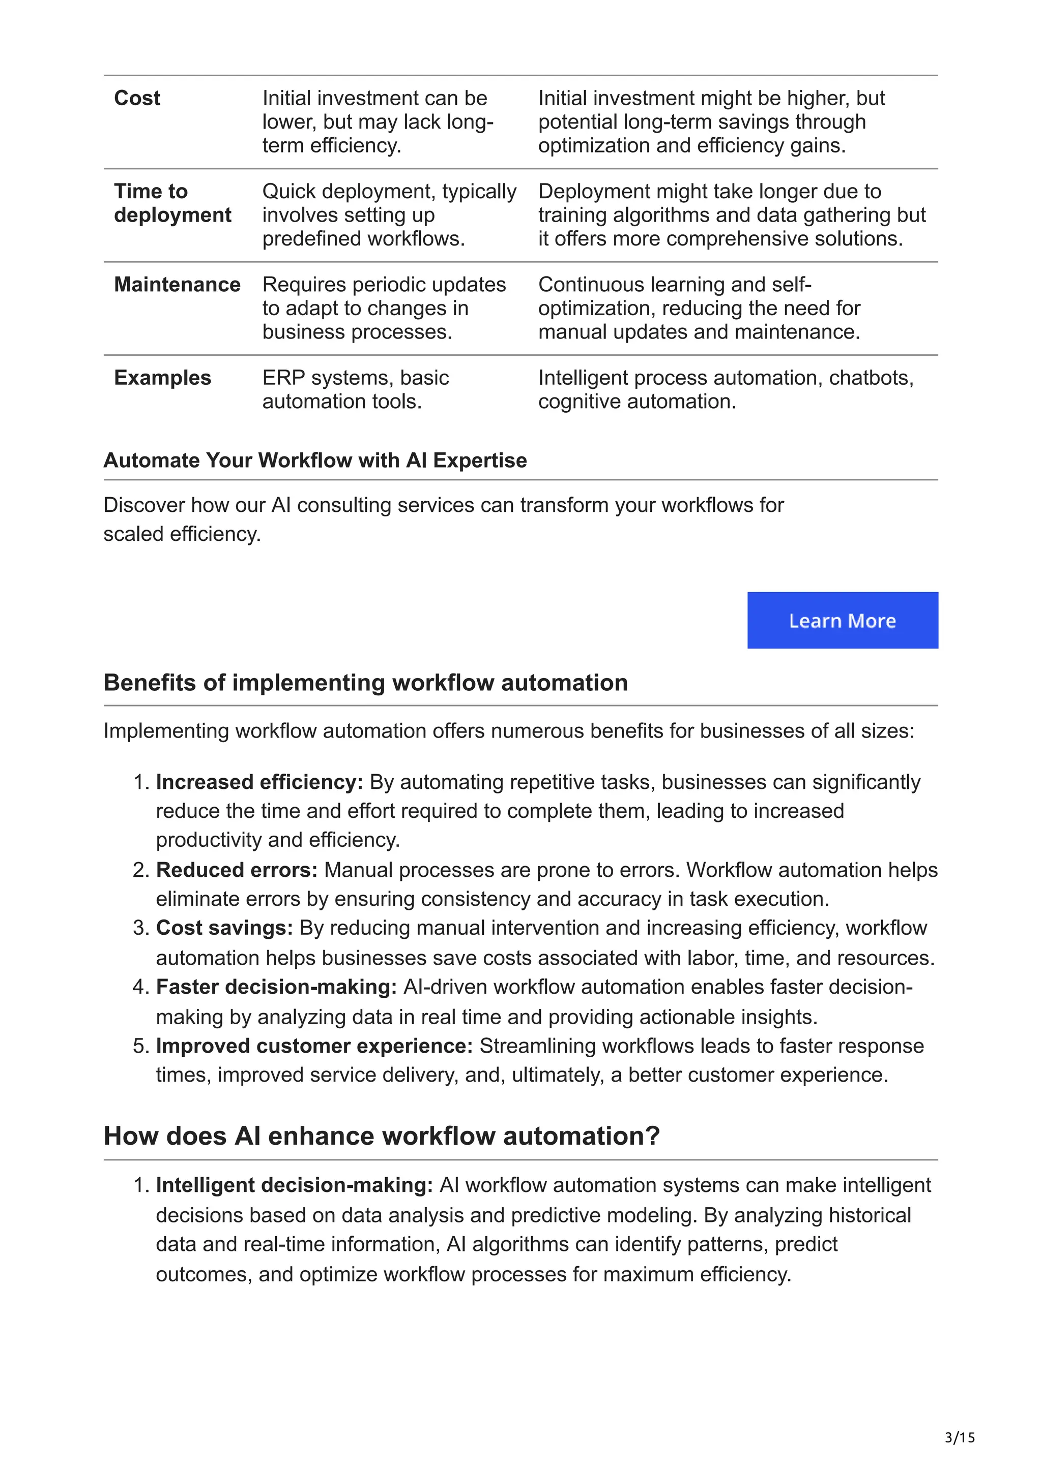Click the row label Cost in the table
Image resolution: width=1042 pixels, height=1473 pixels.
point(137,98)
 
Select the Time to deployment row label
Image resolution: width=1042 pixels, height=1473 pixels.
point(172,203)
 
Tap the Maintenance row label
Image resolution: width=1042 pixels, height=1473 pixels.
point(177,284)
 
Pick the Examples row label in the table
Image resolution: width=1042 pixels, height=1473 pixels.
point(162,377)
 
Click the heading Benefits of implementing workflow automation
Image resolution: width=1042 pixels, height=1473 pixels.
point(365,682)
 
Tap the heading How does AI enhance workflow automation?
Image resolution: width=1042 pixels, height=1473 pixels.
point(382,1136)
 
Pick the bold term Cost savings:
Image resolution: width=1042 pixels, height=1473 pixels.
point(224,927)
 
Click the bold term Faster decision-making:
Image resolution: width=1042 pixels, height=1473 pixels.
point(276,986)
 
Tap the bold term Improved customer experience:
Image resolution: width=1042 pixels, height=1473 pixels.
point(314,1045)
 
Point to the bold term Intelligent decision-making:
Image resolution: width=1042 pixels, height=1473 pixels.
point(294,1184)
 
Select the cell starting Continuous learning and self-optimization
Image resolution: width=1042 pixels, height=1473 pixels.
point(699,308)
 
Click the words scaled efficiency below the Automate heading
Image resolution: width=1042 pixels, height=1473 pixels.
point(182,534)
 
